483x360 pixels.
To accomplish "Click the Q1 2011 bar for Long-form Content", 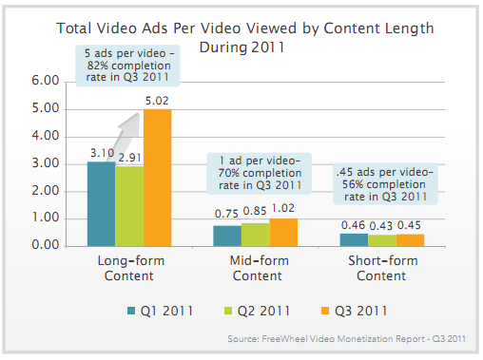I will (101, 203).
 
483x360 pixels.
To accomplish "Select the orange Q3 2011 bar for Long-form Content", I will (158, 178).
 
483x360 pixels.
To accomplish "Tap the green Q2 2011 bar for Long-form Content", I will (129, 206).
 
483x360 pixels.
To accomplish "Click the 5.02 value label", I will (159, 101).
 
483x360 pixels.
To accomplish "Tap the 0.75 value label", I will (227, 216).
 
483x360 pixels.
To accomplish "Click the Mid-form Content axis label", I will (256, 268).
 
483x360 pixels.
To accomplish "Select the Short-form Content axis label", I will (381, 268).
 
